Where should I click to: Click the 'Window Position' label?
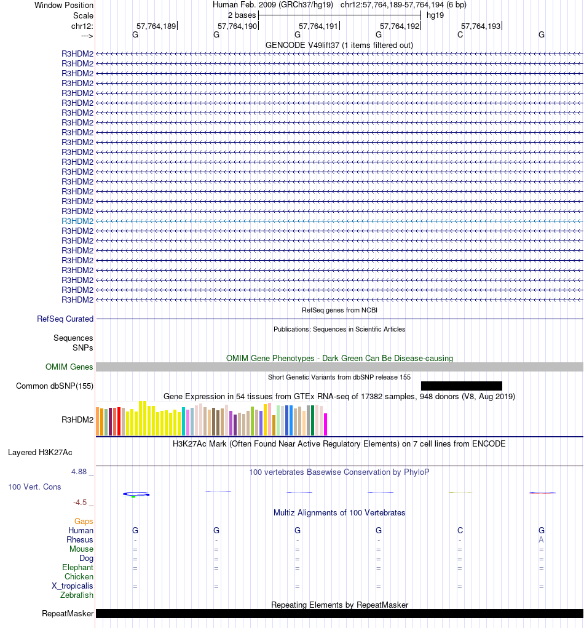64,6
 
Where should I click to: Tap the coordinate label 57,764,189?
156,26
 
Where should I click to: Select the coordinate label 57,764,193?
481,26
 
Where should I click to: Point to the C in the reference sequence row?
460,35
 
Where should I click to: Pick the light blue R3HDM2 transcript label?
77,221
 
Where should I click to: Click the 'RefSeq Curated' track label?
65,319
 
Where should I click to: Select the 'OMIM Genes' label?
69,367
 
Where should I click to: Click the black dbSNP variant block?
461,386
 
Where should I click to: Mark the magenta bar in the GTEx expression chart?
326,424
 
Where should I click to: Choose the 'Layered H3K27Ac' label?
40,453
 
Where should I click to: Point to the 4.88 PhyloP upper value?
81,472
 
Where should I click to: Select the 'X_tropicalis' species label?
73,586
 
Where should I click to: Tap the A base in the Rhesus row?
541,540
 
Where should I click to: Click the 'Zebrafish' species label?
77,595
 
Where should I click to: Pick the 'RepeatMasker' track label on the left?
68,614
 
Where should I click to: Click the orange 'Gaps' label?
84,522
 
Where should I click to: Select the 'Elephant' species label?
77,568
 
